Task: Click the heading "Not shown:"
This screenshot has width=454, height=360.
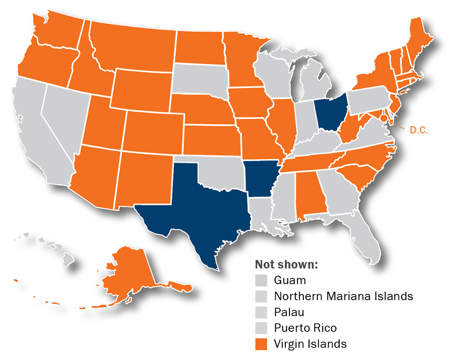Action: [x=286, y=265]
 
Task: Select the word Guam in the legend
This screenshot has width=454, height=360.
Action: [x=290, y=280]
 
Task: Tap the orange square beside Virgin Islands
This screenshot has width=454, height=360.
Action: [x=262, y=344]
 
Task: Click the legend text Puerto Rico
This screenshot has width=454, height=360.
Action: [x=305, y=328]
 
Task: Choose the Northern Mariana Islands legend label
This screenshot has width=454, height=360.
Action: [x=344, y=296]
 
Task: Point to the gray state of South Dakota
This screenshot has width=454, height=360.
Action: [x=200, y=80]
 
